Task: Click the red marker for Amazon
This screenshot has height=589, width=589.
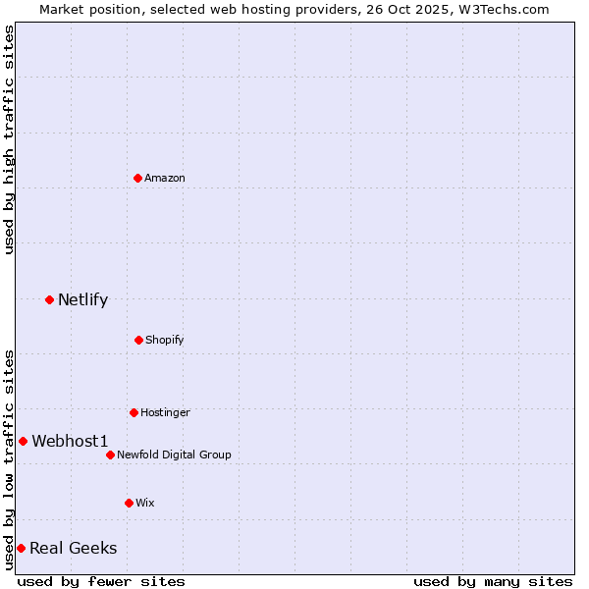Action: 138,178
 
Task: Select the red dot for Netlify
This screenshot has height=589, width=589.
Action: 49,299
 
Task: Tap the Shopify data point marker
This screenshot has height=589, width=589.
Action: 138,340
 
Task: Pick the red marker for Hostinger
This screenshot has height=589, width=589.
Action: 134,412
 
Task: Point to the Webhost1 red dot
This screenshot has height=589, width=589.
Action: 23,441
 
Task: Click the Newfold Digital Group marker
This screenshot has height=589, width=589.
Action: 110,455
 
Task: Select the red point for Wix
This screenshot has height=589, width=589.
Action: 129,503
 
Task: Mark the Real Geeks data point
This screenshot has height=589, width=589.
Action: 21,548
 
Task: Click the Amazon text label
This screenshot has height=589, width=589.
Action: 165,178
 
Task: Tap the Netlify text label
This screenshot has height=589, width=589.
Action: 82,299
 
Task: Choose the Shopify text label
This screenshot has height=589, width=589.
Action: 165,340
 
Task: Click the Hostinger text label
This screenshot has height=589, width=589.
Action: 165,412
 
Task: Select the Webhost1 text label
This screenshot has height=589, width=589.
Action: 70,441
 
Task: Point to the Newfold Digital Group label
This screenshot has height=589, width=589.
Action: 174,455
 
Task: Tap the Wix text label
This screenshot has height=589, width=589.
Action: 145,503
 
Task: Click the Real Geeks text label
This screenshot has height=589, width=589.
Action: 73,548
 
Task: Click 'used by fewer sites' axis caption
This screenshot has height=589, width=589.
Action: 101,581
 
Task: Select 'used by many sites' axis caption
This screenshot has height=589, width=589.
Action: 493,581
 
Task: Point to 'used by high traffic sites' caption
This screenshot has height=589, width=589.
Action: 9,139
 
